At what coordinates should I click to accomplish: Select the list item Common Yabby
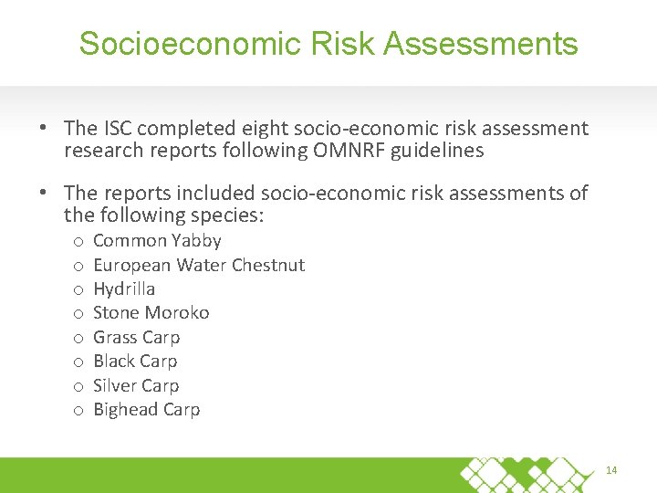coord(157,241)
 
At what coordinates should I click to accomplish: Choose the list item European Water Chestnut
coord(199,265)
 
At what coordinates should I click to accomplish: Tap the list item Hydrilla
coord(124,288)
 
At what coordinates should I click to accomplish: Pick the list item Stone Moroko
coord(151,312)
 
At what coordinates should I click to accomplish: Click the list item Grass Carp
coord(137,337)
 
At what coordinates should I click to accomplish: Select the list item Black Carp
coord(135,361)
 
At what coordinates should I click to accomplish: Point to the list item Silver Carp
coord(136,385)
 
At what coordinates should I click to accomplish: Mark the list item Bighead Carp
coord(146,409)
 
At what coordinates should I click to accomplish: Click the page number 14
coord(611,470)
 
